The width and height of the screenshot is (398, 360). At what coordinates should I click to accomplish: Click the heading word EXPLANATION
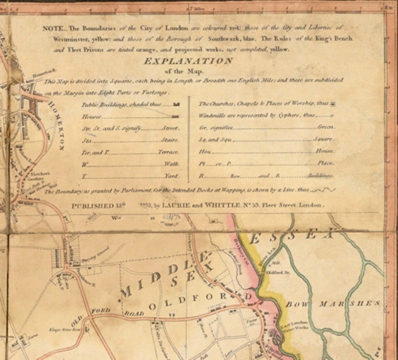coord(188,61)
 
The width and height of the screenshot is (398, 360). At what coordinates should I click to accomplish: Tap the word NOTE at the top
coord(52,28)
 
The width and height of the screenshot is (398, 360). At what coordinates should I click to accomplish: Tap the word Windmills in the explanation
coord(212,115)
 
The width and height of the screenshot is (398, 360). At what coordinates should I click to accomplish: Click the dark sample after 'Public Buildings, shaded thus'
coord(175,105)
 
